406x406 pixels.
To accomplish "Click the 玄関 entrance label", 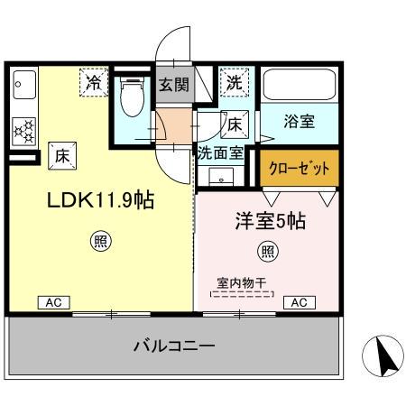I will click(174, 88).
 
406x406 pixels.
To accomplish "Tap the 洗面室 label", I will click(220, 152).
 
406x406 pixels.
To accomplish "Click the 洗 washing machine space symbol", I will click(234, 82).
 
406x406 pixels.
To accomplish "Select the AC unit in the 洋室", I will click(298, 303).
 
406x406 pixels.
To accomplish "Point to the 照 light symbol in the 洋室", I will click(267, 250).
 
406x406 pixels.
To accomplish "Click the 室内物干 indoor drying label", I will click(241, 282).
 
